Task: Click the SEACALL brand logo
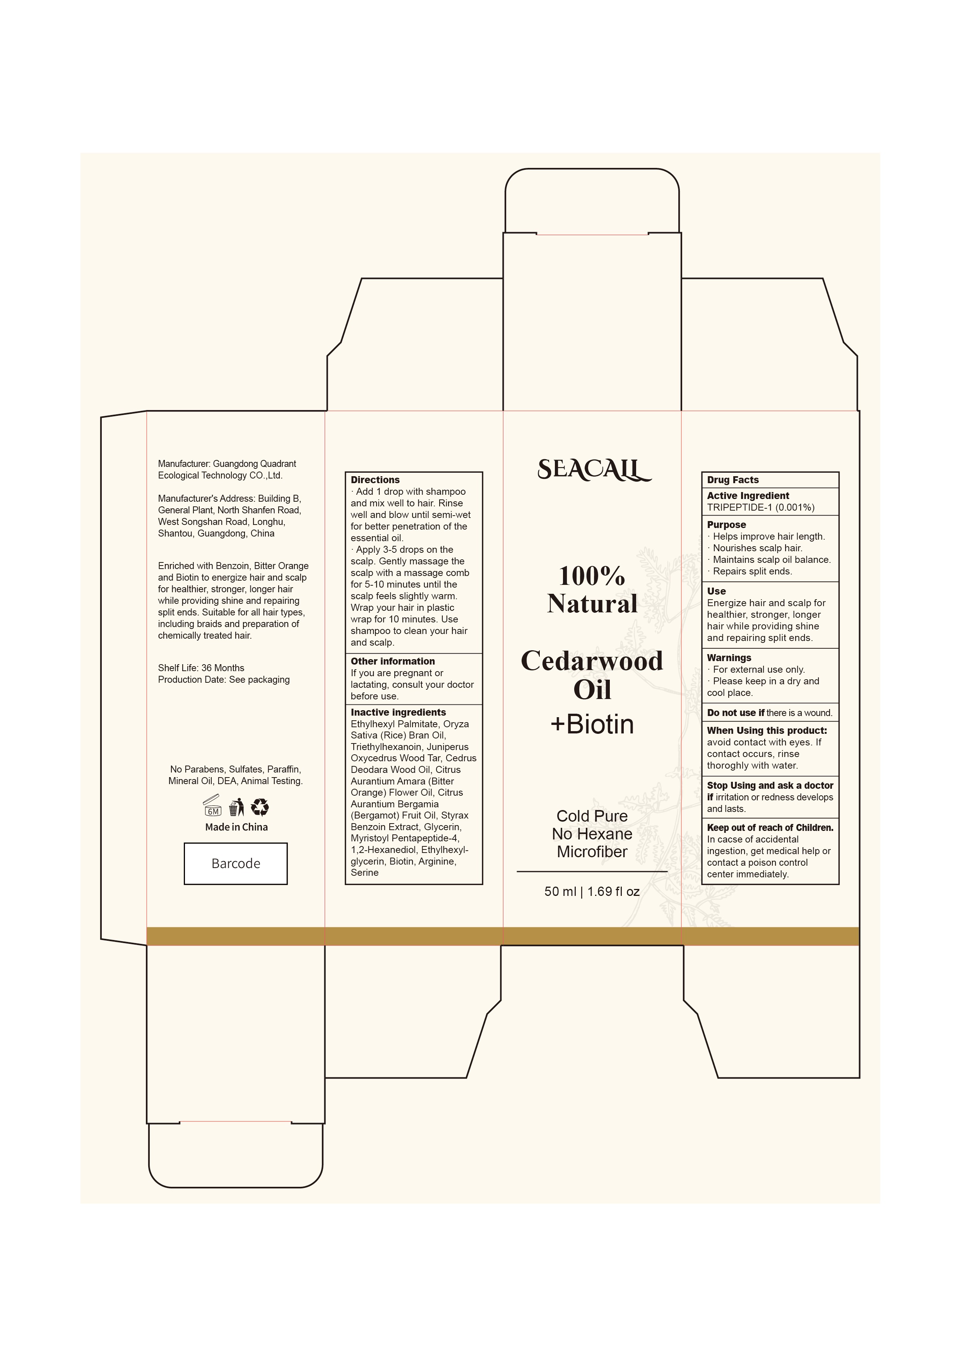point(594,470)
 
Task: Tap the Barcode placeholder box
point(236,863)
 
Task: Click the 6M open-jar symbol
point(212,806)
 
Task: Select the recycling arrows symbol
point(260,807)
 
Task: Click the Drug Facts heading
point(732,480)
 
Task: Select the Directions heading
point(375,480)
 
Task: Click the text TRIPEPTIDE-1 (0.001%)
point(760,507)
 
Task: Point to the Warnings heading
point(729,658)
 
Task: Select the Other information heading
point(392,661)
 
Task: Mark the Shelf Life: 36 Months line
point(201,668)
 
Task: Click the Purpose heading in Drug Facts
point(727,525)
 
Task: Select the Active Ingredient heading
point(748,496)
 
